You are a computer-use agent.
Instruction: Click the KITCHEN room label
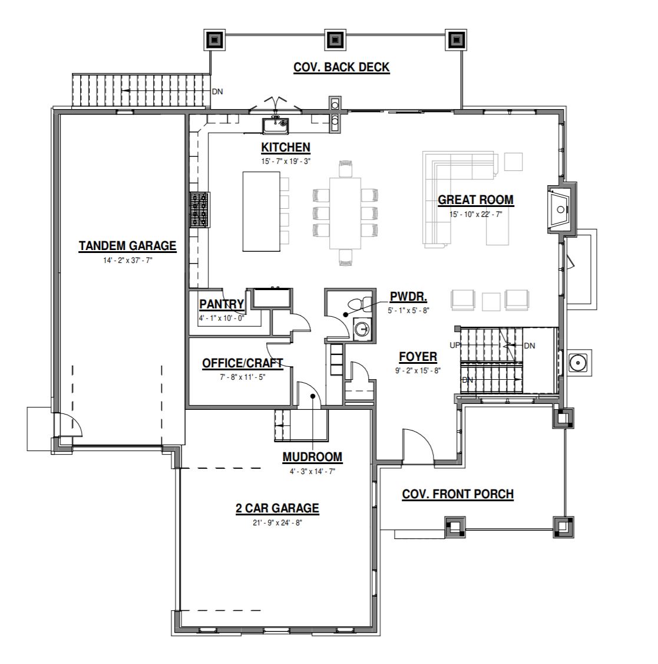(x=286, y=147)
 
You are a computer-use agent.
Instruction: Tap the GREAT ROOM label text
(x=475, y=200)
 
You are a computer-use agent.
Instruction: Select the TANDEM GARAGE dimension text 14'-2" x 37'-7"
(x=128, y=261)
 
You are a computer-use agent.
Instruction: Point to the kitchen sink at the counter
(x=275, y=126)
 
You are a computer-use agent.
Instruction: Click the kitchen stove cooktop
(x=199, y=210)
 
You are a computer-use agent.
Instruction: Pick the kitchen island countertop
(x=261, y=211)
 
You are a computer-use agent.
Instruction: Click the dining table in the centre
(x=345, y=213)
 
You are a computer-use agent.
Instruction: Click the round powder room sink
(x=361, y=328)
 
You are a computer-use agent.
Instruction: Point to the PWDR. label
(x=408, y=297)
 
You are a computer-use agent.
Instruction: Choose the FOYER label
(x=418, y=357)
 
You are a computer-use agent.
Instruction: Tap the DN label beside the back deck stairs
(x=217, y=91)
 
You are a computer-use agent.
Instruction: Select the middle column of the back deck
(x=335, y=40)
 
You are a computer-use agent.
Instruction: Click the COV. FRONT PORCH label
(x=458, y=494)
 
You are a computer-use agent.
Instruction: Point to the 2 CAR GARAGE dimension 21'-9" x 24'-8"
(x=277, y=523)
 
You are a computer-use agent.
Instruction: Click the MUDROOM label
(x=312, y=458)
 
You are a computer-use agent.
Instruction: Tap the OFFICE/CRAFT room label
(x=243, y=363)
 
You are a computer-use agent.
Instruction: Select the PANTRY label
(x=221, y=304)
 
